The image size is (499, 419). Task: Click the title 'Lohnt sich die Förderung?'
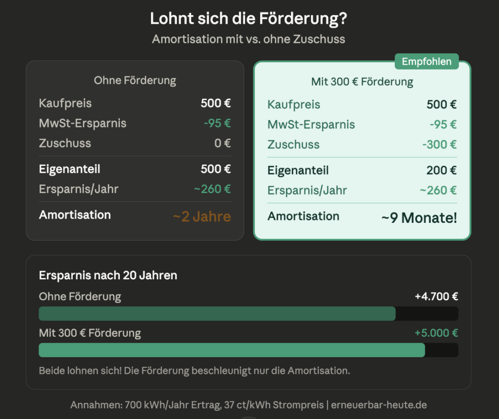point(249,18)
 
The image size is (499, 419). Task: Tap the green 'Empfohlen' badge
point(427,62)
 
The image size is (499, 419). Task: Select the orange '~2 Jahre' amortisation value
point(202,217)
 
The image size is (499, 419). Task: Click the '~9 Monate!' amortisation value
point(419,218)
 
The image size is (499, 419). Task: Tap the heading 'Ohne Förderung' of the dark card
point(135,80)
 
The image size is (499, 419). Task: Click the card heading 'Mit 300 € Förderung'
point(362,82)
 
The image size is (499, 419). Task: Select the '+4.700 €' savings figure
point(436,296)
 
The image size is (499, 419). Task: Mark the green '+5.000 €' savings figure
point(436,333)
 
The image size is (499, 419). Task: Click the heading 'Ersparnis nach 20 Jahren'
point(108,275)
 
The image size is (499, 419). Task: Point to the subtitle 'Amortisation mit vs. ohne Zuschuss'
point(249,39)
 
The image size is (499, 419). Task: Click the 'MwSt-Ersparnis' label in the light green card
point(311,125)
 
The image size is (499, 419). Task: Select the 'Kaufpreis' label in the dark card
point(65,103)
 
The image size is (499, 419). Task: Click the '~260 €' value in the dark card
point(212,189)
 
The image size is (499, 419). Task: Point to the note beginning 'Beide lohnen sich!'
point(194,370)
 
